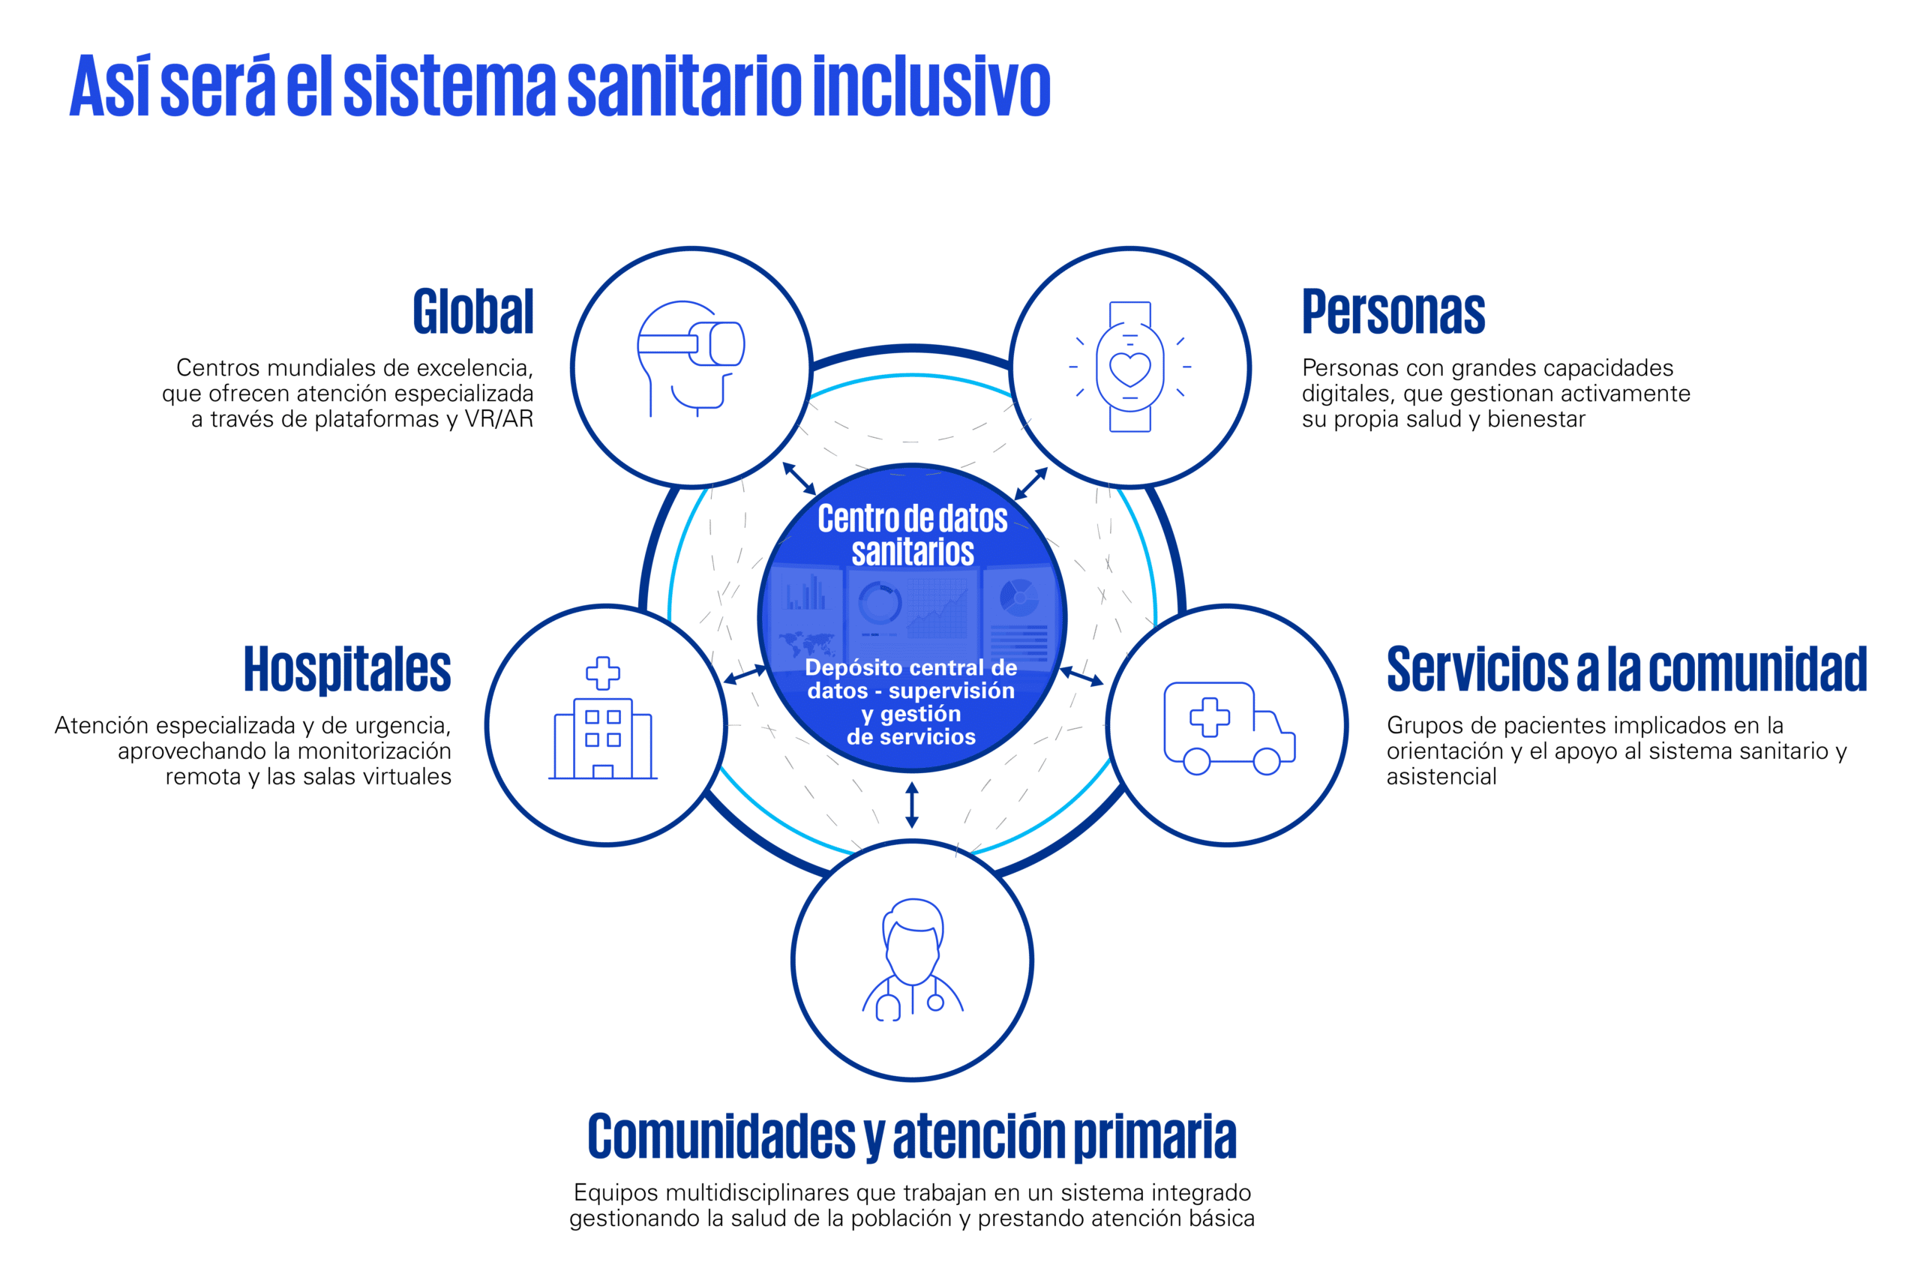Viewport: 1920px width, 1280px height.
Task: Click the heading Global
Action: coord(473,311)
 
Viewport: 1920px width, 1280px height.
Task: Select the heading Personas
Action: coord(1393,311)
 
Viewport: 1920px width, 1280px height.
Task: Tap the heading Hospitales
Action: coord(347,670)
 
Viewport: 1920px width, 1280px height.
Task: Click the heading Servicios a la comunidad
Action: coord(1626,670)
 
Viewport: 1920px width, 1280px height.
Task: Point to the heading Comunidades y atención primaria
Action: coord(912,1135)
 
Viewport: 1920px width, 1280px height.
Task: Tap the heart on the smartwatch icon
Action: coord(1129,368)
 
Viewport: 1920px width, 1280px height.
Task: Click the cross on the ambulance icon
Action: coord(1209,717)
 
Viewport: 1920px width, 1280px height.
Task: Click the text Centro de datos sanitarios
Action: coord(913,535)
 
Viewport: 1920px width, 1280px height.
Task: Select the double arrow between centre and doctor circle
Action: coord(912,805)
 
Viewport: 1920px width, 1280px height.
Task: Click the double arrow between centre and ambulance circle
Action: coord(1081,676)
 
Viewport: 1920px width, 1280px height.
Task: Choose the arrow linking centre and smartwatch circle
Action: coord(1031,483)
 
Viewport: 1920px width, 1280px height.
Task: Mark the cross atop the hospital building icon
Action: coord(602,673)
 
